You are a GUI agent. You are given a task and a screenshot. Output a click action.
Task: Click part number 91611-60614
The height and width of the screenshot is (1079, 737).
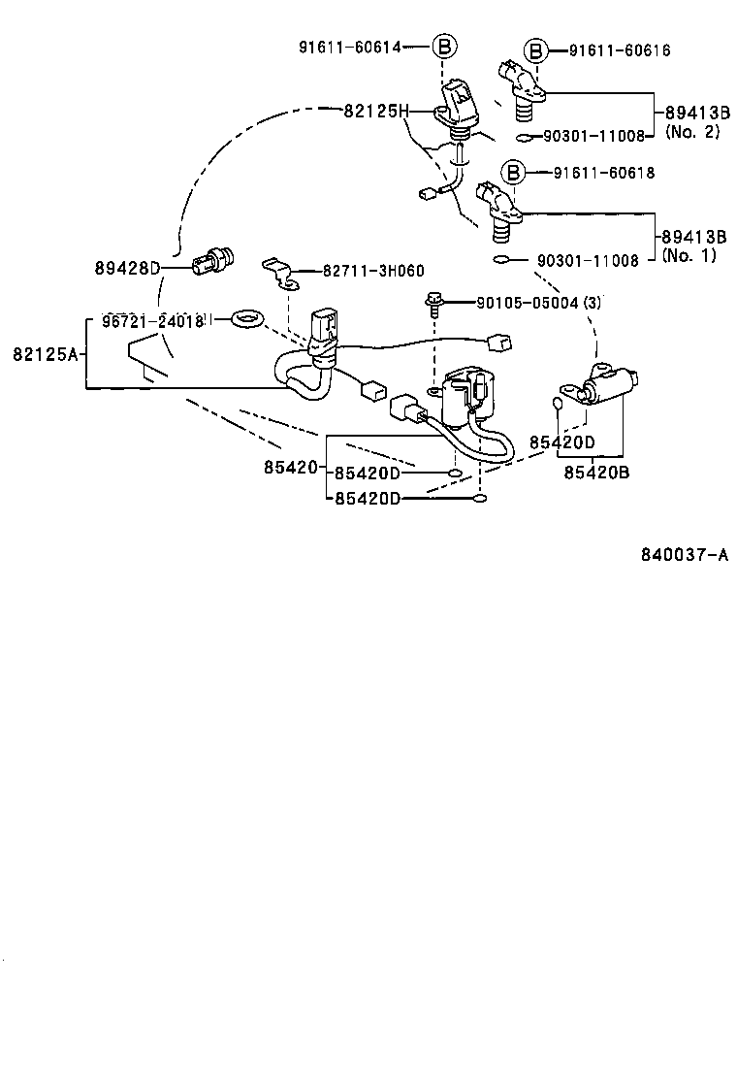(x=351, y=46)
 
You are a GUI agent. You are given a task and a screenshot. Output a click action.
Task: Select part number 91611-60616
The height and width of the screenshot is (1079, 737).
(x=620, y=50)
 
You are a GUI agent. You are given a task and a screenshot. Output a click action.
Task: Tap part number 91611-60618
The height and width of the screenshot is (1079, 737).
(x=604, y=174)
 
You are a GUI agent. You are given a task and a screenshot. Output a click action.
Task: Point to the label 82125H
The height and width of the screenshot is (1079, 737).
(x=372, y=112)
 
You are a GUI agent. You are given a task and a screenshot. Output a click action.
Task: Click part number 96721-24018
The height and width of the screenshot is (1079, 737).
(x=151, y=320)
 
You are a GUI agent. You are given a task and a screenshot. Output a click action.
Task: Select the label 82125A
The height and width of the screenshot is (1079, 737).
(x=45, y=355)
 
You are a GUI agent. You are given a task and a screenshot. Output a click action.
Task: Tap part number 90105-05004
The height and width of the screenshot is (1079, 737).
(x=527, y=303)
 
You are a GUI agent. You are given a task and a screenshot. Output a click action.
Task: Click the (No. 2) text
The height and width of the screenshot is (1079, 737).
(x=691, y=132)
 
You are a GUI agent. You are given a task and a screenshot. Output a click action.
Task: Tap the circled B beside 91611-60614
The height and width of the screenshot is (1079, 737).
(x=442, y=46)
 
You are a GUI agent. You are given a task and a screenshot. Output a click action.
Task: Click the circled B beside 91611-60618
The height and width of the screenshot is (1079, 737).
(x=513, y=174)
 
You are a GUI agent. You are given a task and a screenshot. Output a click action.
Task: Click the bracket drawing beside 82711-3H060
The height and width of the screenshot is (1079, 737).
(x=279, y=273)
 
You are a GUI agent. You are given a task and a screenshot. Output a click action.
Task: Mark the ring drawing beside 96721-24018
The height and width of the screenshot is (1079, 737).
(x=249, y=317)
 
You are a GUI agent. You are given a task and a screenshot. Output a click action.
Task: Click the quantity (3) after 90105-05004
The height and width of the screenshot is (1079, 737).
(x=593, y=303)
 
